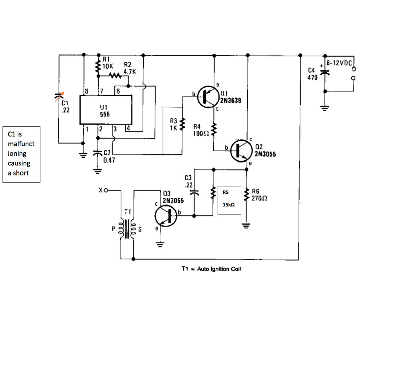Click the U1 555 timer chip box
(x=105, y=109)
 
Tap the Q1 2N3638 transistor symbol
(x=208, y=97)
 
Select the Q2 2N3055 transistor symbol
(x=242, y=151)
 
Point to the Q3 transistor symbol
(x=166, y=216)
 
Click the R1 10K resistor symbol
(x=98, y=66)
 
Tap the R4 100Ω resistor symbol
(x=214, y=129)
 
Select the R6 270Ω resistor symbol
(x=246, y=195)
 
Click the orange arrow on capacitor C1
(x=60, y=96)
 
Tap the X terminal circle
(x=105, y=191)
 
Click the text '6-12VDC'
(x=339, y=63)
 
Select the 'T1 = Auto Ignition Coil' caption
(x=211, y=269)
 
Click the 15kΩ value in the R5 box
(x=228, y=205)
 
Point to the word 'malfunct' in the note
(x=21, y=144)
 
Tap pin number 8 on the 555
(x=87, y=91)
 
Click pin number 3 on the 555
(x=115, y=129)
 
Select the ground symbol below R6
(x=246, y=226)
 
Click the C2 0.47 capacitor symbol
(x=97, y=153)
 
